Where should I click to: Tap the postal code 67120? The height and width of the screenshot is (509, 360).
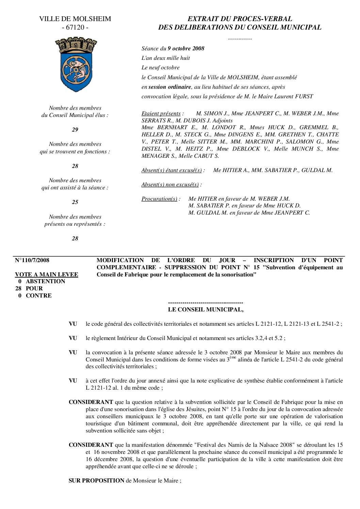(75, 28)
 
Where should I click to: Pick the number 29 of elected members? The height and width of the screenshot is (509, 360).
(75, 130)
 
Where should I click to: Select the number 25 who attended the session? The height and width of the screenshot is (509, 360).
(75, 202)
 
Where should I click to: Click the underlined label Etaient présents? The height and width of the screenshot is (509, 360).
(161, 113)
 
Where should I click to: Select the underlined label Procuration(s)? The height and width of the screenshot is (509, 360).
(159, 199)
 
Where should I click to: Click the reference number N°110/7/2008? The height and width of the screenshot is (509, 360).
(32, 260)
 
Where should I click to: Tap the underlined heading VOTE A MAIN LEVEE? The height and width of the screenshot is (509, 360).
(47, 275)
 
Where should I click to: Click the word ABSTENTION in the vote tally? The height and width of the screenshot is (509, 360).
(45, 281)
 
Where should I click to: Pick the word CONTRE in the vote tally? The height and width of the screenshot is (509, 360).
(39, 295)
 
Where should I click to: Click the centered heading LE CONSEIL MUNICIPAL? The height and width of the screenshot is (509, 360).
(206, 309)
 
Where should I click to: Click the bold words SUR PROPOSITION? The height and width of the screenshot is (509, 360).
(97, 480)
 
